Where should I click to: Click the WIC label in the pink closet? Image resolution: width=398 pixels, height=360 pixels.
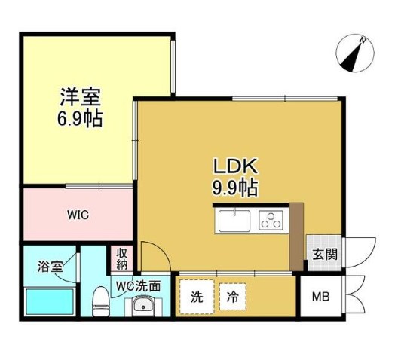pyautogui.click(x=78, y=215)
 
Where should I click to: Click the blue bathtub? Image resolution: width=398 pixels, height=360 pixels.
pyautogui.click(x=49, y=302)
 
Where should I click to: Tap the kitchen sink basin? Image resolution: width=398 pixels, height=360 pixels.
pyautogui.click(x=236, y=221)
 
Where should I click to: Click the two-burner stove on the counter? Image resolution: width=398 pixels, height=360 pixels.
pyautogui.click(x=270, y=220)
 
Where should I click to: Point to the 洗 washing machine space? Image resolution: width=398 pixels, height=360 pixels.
pyautogui.click(x=197, y=296)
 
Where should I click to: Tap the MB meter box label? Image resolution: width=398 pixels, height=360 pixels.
pyautogui.click(x=320, y=296)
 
